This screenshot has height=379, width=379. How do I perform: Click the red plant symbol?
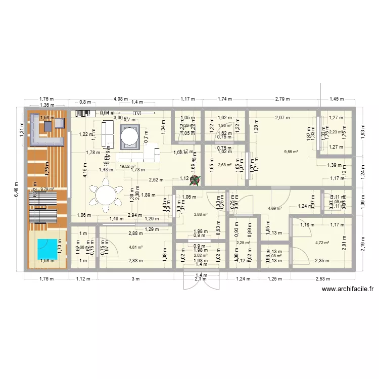[x=194, y=180]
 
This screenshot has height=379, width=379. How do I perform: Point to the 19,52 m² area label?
[x=127, y=166]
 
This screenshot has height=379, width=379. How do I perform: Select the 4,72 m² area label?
[x=322, y=243]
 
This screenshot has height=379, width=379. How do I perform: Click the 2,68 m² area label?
[x=224, y=164]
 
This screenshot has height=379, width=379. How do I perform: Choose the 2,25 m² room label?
[x=243, y=243]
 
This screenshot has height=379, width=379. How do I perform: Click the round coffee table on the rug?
[x=128, y=136]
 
